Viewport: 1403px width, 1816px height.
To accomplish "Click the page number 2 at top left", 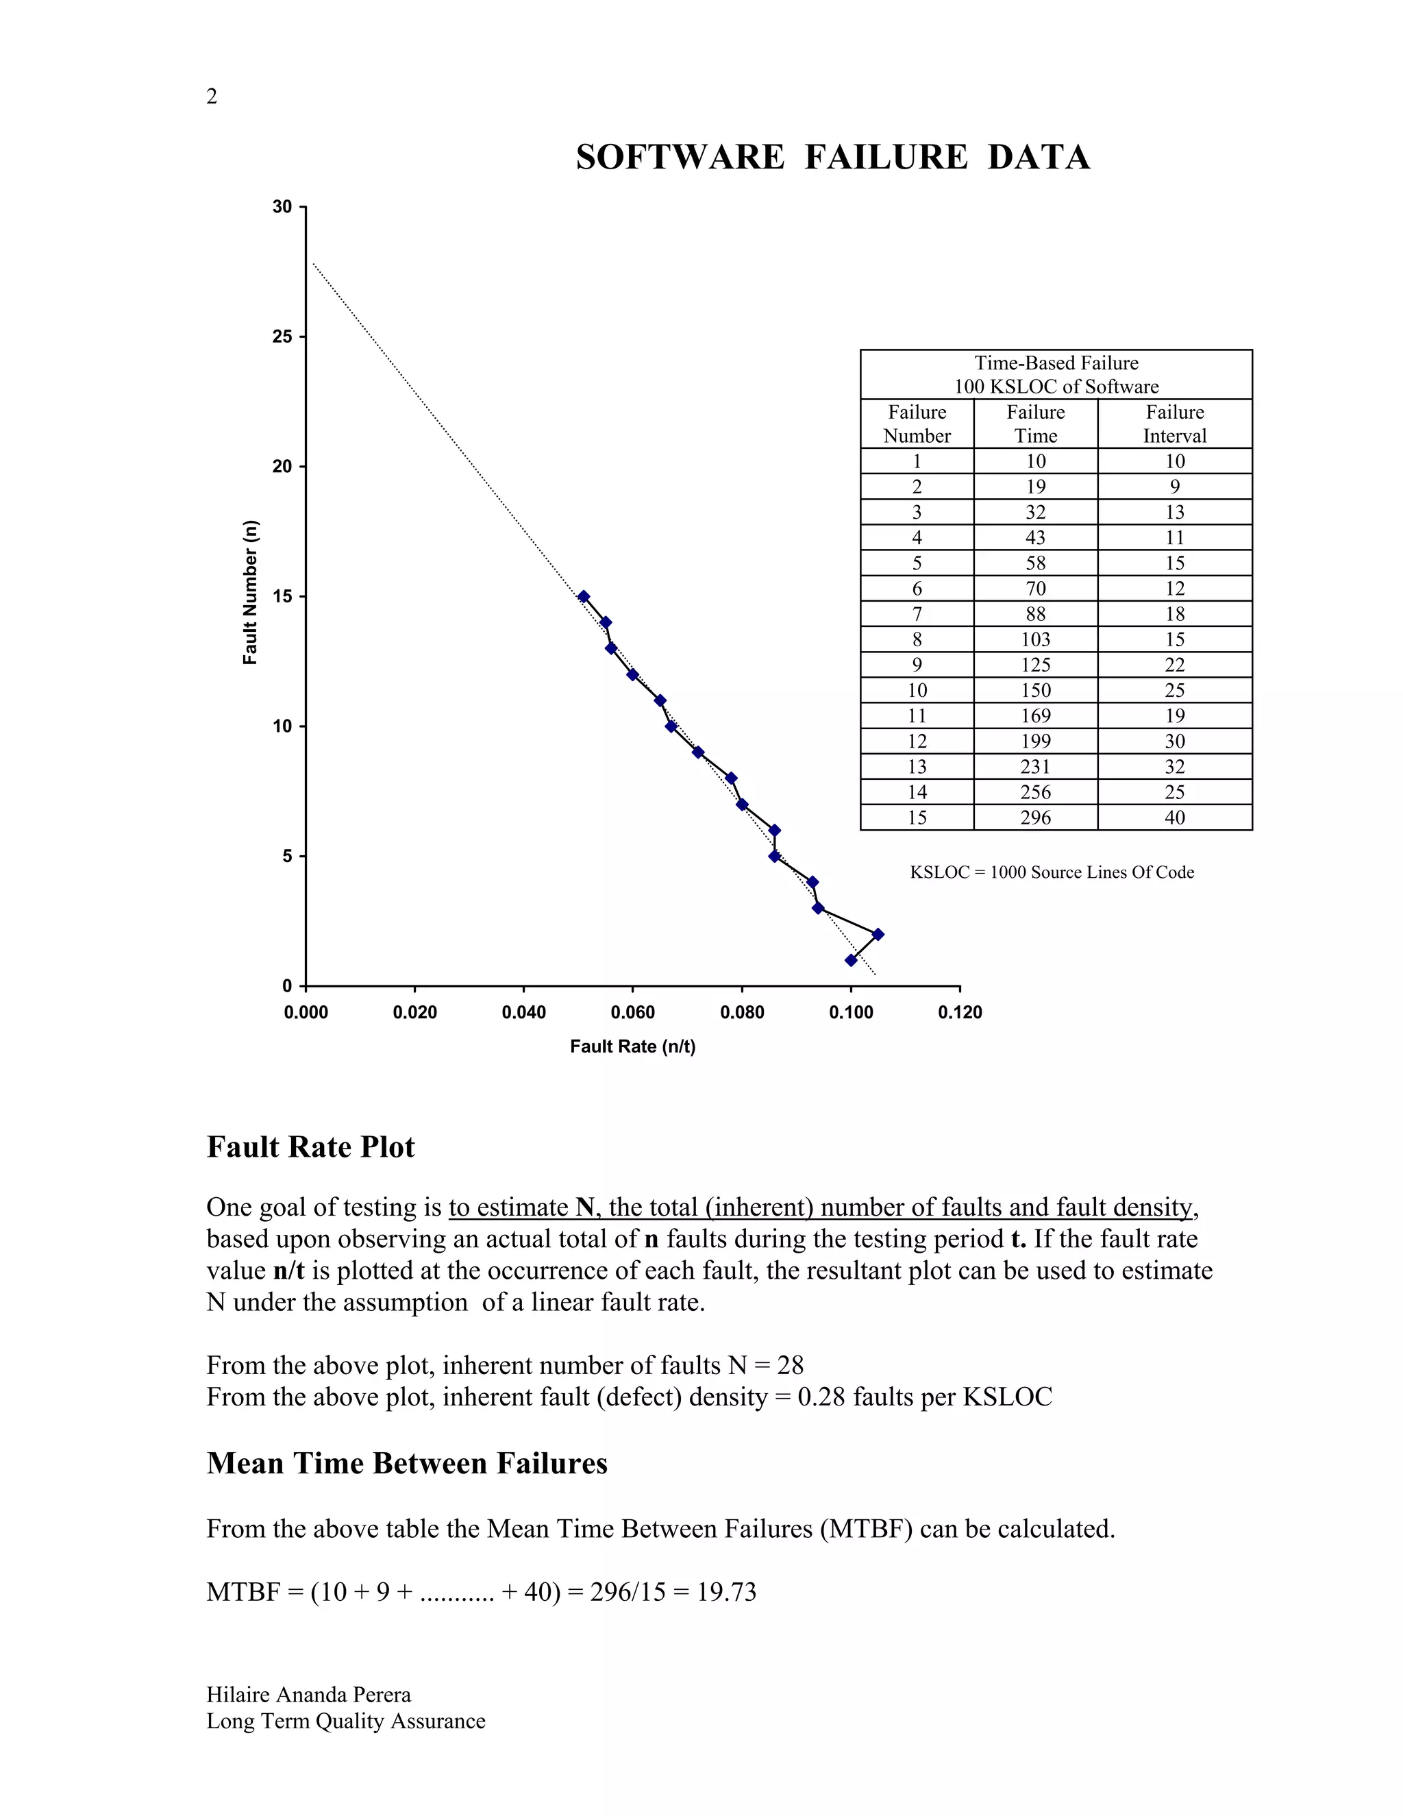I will pyautogui.click(x=212, y=97).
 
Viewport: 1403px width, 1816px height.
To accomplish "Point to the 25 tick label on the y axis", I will pyautogui.click(x=283, y=336).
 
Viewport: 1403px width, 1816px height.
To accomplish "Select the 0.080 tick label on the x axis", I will pyautogui.click(x=741, y=1012).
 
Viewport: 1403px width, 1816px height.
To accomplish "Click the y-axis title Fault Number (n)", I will pyautogui.click(x=250, y=592).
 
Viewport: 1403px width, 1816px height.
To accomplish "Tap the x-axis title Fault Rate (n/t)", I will pyautogui.click(x=632, y=1046).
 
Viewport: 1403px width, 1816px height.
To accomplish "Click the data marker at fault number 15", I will pyautogui.click(x=584, y=596).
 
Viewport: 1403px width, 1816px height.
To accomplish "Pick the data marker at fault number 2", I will pyautogui.click(x=878, y=935).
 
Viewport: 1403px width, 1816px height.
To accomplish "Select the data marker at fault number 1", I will pyautogui.click(x=850, y=960).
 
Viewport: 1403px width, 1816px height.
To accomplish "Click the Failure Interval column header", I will pyautogui.click(x=1174, y=424).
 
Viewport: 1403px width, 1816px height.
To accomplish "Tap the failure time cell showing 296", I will pyautogui.click(x=1036, y=818).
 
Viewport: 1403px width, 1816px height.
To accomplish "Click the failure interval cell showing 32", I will pyautogui.click(x=1174, y=767).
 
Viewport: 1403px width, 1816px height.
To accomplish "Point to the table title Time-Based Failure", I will pyautogui.click(x=1056, y=363).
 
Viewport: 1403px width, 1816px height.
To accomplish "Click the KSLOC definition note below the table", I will pyautogui.click(x=1052, y=872).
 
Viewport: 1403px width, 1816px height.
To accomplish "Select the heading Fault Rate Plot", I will pyautogui.click(x=310, y=1146).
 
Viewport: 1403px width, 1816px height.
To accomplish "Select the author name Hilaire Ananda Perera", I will pyautogui.click(x=308, y=1695).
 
